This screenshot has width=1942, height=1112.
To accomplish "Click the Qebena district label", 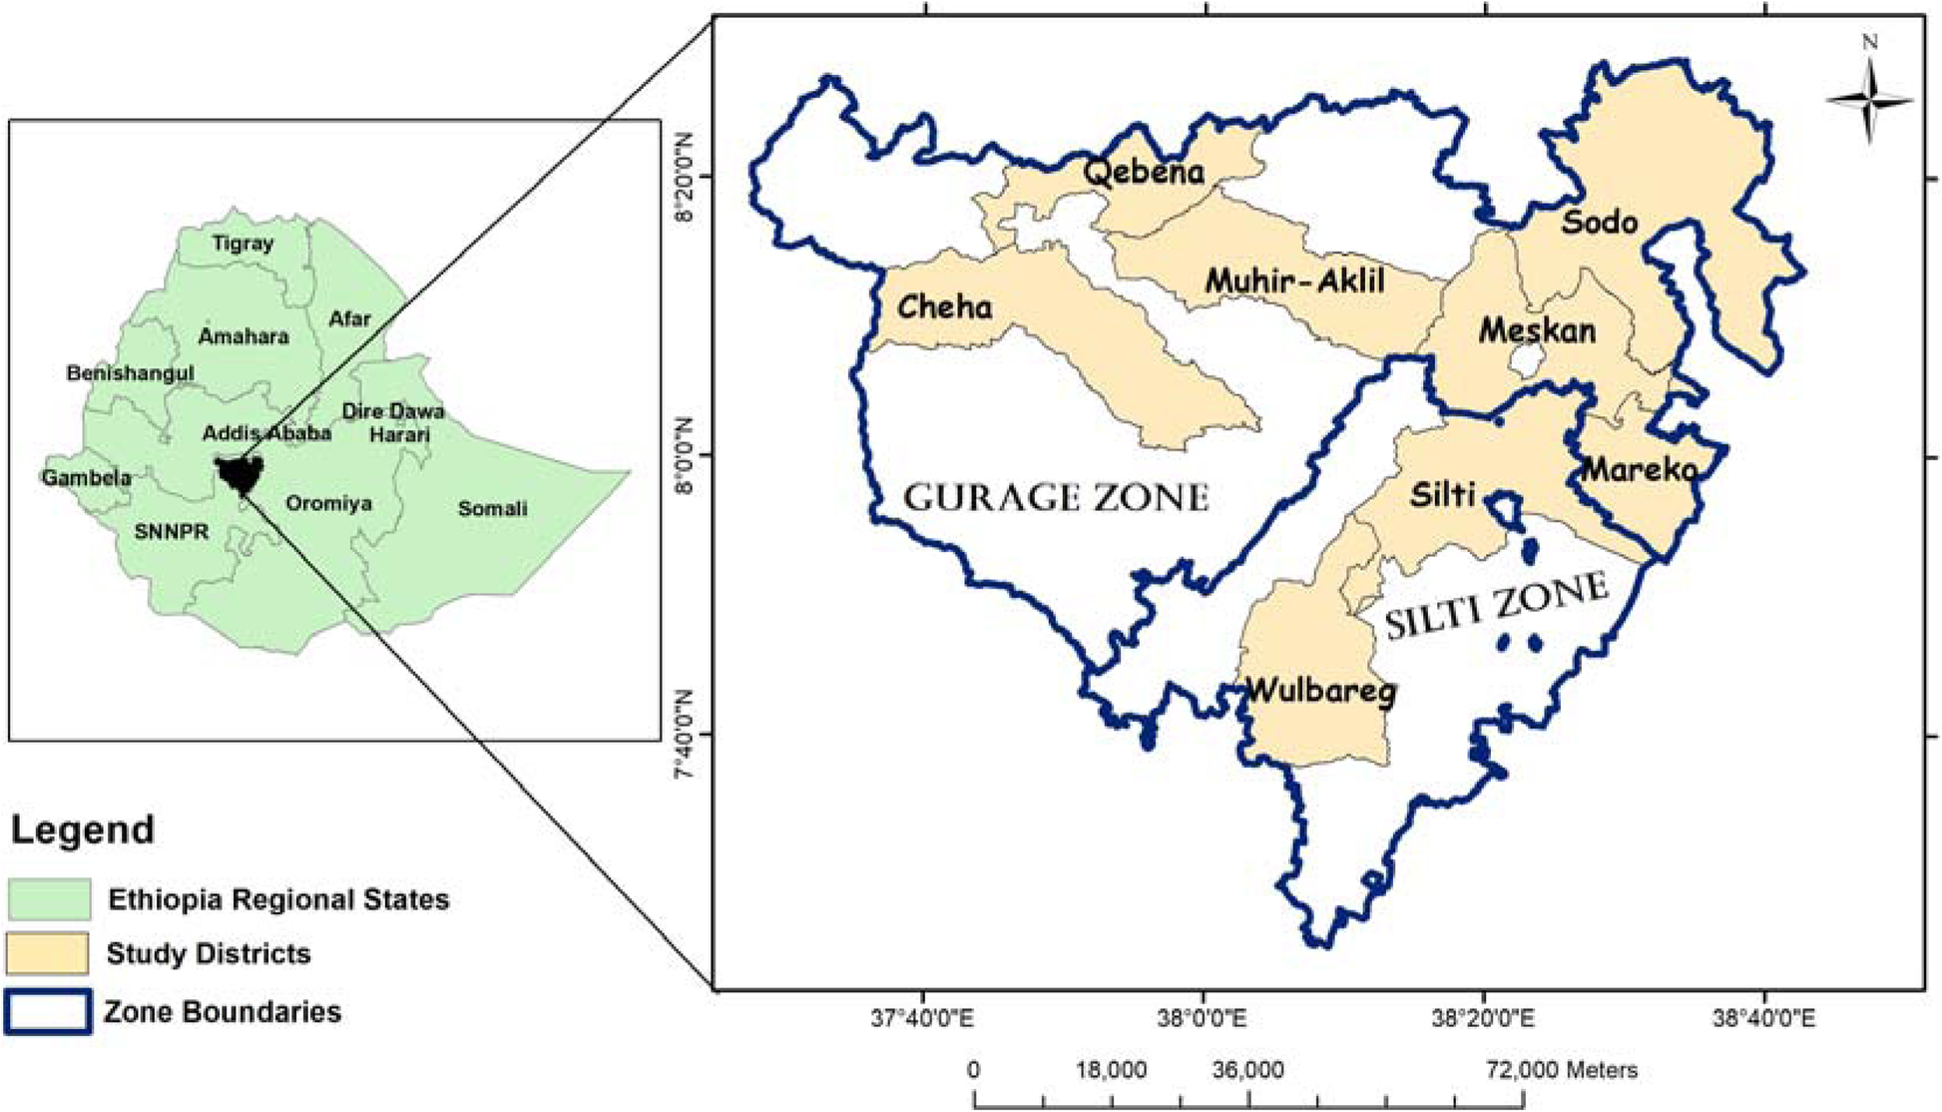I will [1144, 173].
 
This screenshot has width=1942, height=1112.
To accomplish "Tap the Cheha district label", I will [944, 306].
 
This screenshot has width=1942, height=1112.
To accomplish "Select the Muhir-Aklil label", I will [1294, 281].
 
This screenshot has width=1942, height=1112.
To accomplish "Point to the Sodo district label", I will [1599, 222].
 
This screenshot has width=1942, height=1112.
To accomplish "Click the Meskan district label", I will [1537, 330].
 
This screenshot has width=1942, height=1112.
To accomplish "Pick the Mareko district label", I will [1640, 468].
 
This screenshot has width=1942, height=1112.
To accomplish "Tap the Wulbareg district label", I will [1320, 690].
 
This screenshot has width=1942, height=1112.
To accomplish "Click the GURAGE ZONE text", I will [1055, 497].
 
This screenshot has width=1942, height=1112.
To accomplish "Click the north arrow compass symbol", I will [1869, 100].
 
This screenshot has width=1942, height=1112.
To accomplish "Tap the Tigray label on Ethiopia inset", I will [243, 243].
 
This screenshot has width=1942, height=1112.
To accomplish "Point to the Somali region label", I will [492, 509].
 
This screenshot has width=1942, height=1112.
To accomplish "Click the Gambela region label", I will [86, 478].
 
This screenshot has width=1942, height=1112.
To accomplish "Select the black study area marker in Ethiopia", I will [241, 474].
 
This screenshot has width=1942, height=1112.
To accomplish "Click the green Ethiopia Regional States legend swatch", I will [49, 898].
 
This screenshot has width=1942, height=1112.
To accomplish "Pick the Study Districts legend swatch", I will [47, 953].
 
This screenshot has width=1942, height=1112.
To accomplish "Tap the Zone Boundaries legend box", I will [48, 1011].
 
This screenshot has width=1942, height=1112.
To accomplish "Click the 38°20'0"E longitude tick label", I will [1482, 1018].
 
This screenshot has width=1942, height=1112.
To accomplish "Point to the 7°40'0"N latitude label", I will [684, 736].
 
